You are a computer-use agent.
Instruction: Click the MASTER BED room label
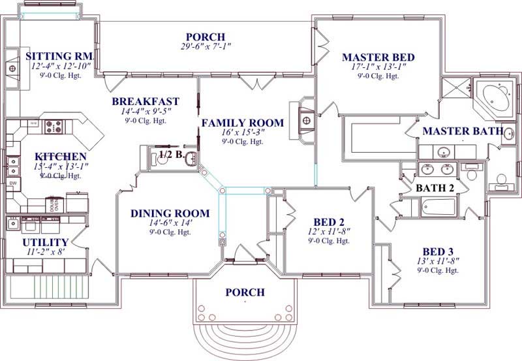pyautogui.click(x=378, y=57)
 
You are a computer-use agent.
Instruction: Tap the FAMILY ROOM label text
pyautogui.click(x=242, y=123)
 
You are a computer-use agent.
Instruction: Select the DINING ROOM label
pyautogui.click(x=170, y=213)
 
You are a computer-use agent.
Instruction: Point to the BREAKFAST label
pyautogui.click(x=146, y=101)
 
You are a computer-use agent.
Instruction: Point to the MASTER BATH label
pyautogui.click(x=462, y=131)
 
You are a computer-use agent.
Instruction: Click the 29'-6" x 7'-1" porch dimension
pyautogui.click(x=206, y=47)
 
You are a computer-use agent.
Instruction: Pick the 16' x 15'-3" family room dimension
pyautogui.click(x=242, y=133)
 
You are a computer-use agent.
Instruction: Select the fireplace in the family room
pyautogui.click(x=305, y=119)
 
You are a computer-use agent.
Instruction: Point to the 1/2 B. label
pyautogui.click(x=170, y=154)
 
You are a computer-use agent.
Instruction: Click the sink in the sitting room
pyautogui.click(x=11, y=68)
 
